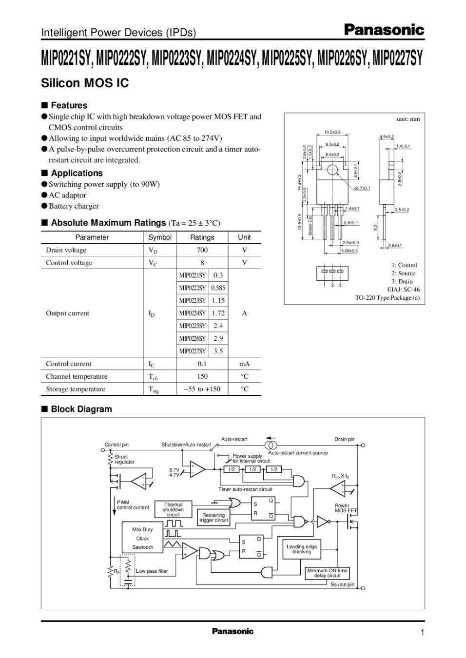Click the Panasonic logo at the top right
384,30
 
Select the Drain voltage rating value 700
202,250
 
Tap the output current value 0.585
218,288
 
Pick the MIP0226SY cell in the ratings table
193,338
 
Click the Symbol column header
160,237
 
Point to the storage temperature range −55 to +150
202,389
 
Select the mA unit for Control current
245,364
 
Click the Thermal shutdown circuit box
174,509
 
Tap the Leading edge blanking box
302,549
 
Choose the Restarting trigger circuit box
214,517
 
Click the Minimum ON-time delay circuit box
327,573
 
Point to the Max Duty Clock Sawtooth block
142,538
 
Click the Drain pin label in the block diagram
344,439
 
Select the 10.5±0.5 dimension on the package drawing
332,132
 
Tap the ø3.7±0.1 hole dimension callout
362,188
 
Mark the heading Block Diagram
81,409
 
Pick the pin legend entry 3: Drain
402,281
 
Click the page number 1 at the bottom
423,633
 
